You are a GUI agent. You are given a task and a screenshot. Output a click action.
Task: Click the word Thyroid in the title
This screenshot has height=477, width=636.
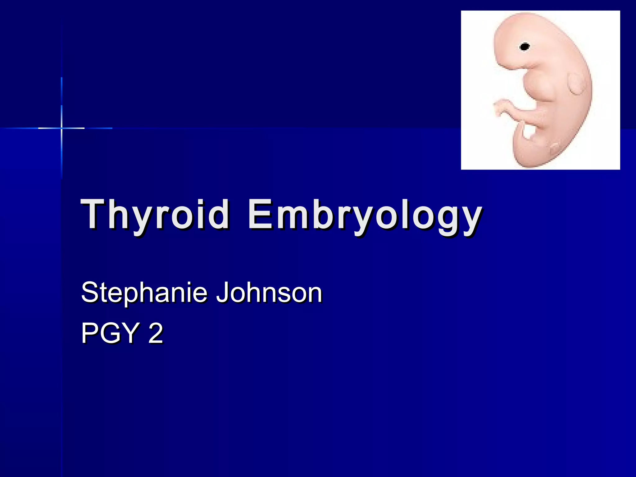pos(155,214)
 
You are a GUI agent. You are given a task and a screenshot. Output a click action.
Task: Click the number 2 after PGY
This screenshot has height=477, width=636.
pos(156,333)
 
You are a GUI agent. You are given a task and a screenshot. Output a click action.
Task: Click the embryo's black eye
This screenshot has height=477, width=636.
pos(525,47)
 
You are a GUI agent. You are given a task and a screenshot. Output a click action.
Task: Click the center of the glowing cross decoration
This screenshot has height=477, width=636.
pos(61,128)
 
